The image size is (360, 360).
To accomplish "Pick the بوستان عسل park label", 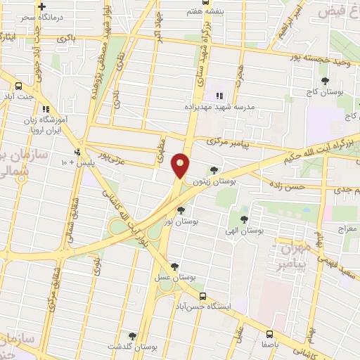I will tap(175, 277).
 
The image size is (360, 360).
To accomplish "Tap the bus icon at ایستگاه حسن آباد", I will tap(202, 297).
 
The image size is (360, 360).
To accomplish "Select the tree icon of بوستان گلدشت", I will tap(132, 336).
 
